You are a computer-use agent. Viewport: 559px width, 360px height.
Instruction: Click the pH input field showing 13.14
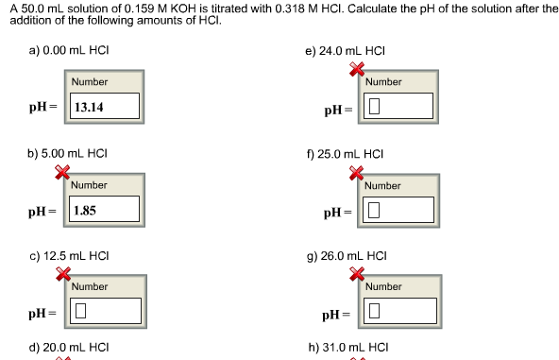click(x=105, y=107)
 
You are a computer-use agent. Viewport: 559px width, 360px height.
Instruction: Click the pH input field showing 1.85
click(x=105, y=209)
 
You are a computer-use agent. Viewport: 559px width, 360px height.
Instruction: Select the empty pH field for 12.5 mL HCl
click(x=105, y=310)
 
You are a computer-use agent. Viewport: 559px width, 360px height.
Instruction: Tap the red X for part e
click(x=358, y=69)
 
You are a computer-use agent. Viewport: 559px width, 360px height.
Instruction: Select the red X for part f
click(x=358, y=173)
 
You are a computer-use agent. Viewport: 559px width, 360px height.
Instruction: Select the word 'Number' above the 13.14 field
click(x=89, y=82)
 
